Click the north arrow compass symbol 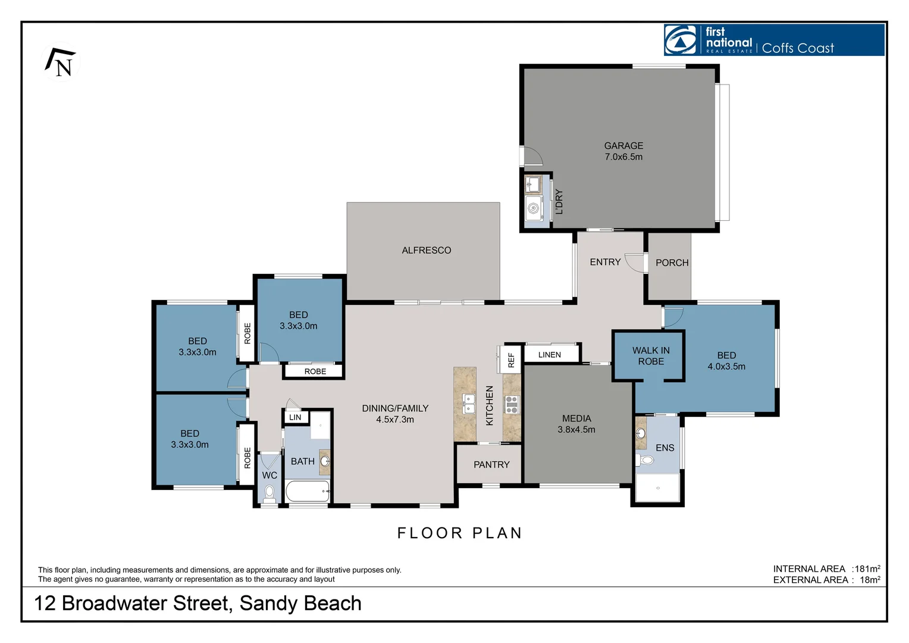click(61, 62)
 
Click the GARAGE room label click(623, 145)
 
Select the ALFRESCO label click(426, 250)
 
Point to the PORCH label click(672, 263)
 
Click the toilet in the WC click(269, 494)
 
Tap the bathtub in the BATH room click(308, 492)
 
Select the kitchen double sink click(468, 403)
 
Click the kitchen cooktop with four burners click(512, 405)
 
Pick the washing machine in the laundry click(534, 208)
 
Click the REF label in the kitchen click(511, 360)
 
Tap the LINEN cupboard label click(550, 355)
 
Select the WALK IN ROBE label click(651, 356)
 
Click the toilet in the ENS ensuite click(644, 460)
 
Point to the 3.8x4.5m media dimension click(576, 429)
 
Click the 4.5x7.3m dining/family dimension click(395, 419)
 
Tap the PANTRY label click(491, 464)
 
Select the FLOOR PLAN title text click(459, 533)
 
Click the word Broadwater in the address click(115, 603)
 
